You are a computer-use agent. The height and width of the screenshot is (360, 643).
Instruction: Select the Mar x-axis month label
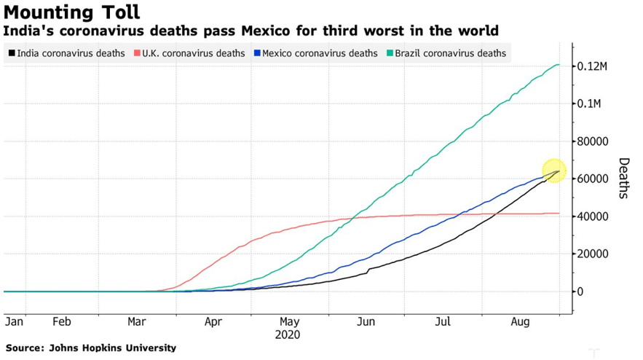click(137, 321)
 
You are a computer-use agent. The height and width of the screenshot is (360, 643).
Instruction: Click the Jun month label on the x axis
click(366, 321)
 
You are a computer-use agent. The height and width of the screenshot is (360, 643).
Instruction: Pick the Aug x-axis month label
click(520, 321)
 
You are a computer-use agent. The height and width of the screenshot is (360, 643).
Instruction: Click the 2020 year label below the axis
click(288, 335)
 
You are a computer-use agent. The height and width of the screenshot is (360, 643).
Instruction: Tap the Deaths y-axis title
click(623, 178)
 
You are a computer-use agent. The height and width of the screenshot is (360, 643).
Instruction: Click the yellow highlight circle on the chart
click(554, 171)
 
